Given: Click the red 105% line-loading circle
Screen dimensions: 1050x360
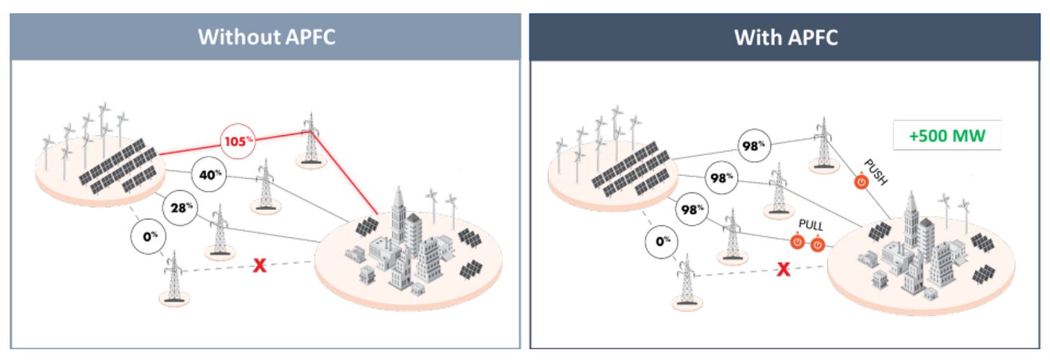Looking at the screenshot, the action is pos(238,141).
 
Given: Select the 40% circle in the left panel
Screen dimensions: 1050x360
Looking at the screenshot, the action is pos(209,175).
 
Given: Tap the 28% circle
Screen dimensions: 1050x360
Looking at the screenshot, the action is pos(180,208).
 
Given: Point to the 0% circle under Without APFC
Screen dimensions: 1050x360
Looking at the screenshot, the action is pos(149,237).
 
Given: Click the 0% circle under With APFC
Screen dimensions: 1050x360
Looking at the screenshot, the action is pos(662,242).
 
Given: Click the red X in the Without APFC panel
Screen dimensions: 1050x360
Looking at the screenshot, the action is pos(260,265).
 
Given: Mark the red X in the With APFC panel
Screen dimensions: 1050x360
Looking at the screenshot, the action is pos(783,270).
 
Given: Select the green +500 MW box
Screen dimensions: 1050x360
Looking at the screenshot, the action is pos(948,136).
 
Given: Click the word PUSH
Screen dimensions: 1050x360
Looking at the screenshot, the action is pos(875,172).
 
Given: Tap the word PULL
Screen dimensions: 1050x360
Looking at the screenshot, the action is pos(811,225).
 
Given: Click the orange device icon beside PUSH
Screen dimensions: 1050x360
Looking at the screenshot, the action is pos(861,181).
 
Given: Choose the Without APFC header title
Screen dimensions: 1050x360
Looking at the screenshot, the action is pos(266,37).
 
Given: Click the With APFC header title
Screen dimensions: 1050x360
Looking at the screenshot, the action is pos(786,38).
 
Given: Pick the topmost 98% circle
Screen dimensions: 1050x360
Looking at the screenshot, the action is pos(754,146).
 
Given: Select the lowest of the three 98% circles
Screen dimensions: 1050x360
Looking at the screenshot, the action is pos(692,209).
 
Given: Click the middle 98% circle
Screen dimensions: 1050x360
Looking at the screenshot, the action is pos(721,177).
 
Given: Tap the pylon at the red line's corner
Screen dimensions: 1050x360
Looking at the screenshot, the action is pos(310,139).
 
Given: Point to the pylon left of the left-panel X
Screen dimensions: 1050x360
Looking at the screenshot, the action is pos(175,278).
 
